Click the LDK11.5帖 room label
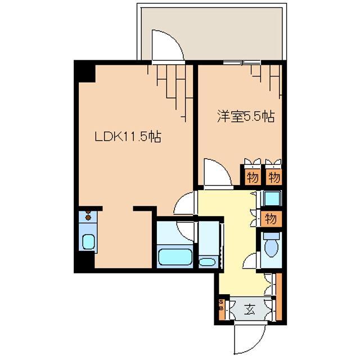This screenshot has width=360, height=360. pyautogui.click(x=128, y=136)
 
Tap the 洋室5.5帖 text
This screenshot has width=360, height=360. pyautogui.click(x=246, y=117)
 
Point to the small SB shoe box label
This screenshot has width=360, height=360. pyautogui.click(x=221, y=309)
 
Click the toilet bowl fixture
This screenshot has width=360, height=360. pyautogui.click(x=271, y=247)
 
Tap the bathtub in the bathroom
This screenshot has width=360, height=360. pyautogui.click(x=175, y=257)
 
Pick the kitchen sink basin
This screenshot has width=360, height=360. pyautogui.click(x=89, y=242)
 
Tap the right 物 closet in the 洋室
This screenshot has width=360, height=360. pyautogui.click(x=273, y=178)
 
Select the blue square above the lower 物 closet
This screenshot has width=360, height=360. pyautogui.click(x=272, y=198)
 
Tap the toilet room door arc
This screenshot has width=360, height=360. pyautogui.click(x=253, y=261)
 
